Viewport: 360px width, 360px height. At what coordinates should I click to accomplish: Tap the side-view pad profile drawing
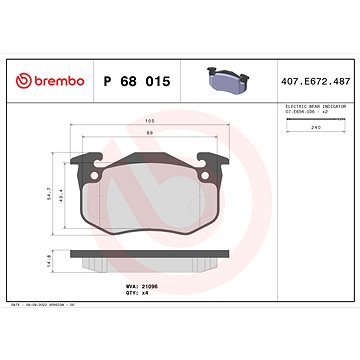(149, 261)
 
